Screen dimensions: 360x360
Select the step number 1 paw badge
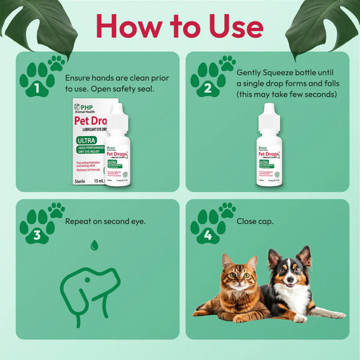(39, 80)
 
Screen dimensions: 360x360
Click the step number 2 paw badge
(210, 80)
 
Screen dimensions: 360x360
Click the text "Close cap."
(254, 220)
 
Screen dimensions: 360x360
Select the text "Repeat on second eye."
(105, 220)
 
